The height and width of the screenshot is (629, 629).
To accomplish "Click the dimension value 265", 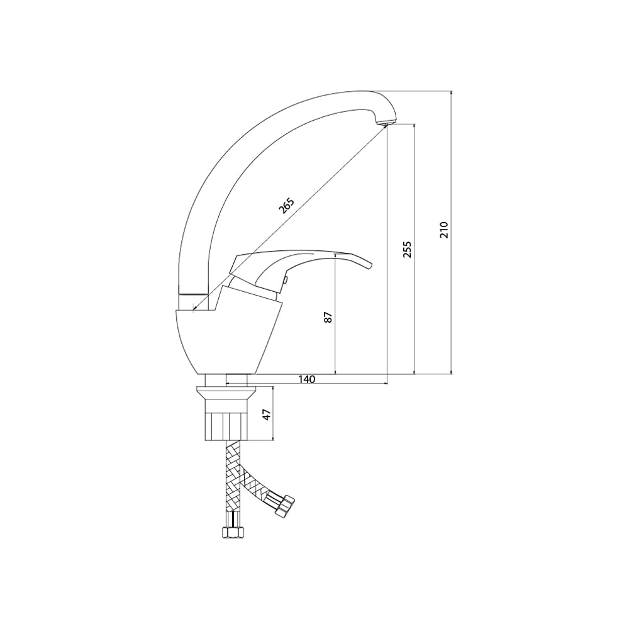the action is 286,205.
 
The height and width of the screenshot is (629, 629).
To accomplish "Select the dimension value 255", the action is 407,249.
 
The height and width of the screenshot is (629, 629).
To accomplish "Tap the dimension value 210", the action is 443,230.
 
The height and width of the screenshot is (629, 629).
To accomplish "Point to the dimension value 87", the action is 328,317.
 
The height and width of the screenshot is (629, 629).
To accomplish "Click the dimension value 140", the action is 307,379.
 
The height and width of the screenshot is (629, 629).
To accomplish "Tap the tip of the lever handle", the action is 371,265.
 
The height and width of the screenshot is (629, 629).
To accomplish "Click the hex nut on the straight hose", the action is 233,533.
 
